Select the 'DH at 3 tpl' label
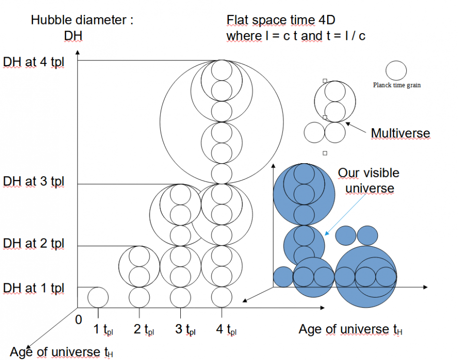[34, 182]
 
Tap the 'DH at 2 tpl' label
[34, 244]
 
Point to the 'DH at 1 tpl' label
[34, 288]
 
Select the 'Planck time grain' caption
[397, 85]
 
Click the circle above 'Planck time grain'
[396, 71]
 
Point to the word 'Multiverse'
[400, 133]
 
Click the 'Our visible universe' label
[369, 180]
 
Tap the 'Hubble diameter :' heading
[82, 20]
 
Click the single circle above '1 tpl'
[98, 297]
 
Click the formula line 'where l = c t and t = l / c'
[296, 36]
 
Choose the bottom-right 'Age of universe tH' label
[351, 329]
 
